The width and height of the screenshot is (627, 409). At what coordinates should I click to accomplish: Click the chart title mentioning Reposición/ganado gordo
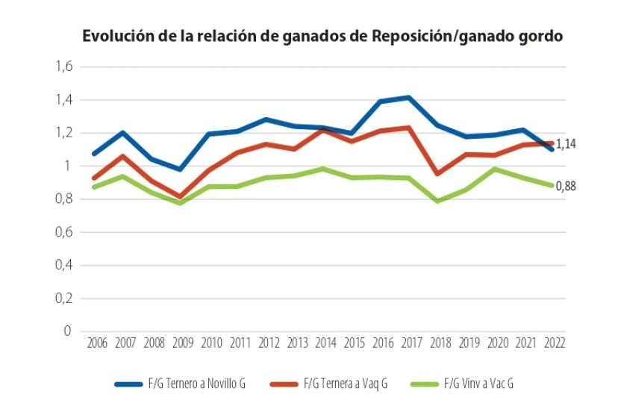click(322, 37)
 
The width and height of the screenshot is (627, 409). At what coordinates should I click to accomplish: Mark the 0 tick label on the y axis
click(67, 331)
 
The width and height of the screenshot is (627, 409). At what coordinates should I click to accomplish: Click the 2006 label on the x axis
click(96, 343)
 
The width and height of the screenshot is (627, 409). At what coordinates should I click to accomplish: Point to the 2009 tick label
click(183, 343)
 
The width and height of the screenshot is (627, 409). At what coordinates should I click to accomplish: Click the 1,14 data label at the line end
click(568, 143)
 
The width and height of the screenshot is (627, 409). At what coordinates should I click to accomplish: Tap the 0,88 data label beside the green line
click(568, 187)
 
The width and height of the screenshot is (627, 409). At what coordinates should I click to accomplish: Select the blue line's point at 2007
click(123, 133)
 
